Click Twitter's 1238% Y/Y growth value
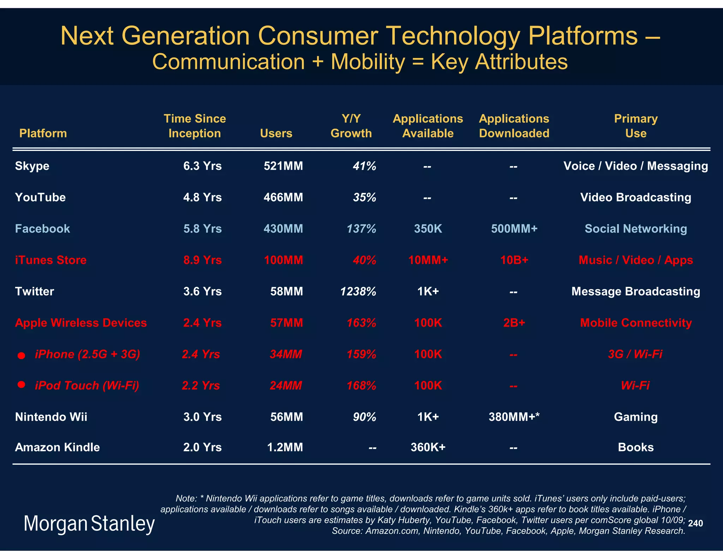358,292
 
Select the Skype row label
32,166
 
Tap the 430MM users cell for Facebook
283,229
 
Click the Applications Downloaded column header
514,126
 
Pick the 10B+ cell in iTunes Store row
514,260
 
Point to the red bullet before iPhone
22,355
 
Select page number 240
695,523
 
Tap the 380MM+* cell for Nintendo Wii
514,417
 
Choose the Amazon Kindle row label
57,447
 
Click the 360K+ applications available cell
428,447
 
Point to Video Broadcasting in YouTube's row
635,198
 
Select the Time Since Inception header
195,126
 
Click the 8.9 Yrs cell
202,260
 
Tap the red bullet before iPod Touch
22,384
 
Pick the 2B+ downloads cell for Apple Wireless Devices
514,323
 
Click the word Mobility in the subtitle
368,62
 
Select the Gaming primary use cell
635,417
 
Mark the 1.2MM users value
285,447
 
